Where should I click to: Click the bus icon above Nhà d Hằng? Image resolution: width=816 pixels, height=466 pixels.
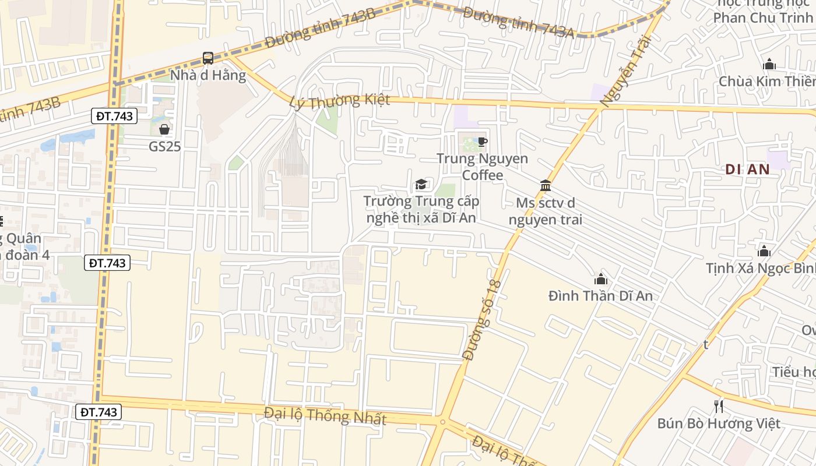point(208,58)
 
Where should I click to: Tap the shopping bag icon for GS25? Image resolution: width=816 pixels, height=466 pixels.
point(164,129)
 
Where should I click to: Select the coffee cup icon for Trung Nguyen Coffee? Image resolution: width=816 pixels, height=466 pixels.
point(482,142)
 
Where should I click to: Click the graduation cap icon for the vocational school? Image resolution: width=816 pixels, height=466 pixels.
point(421,185)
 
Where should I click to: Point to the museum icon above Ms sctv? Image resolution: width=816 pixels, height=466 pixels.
point(546,186)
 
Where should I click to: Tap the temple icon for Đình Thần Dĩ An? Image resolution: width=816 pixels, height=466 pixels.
point(600,279)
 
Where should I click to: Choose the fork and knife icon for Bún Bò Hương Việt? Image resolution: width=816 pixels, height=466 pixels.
point(719,406)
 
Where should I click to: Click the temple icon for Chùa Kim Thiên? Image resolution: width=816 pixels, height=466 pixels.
point(769,64)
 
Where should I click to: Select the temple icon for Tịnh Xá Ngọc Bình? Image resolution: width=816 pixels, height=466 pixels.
point(764,252)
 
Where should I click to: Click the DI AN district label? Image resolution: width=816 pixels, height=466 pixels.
point(748,170)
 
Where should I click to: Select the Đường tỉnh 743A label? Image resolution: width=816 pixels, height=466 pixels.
point(519,24)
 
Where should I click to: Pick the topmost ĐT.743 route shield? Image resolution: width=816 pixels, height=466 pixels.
point(114,116)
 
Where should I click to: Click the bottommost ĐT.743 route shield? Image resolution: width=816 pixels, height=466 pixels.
point(98,412)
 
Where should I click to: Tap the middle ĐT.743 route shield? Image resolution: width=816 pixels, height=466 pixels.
point(107,263)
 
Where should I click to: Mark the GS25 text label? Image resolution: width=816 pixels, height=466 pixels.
point(164,146)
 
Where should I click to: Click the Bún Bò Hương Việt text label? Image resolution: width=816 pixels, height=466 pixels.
point(719,423)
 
